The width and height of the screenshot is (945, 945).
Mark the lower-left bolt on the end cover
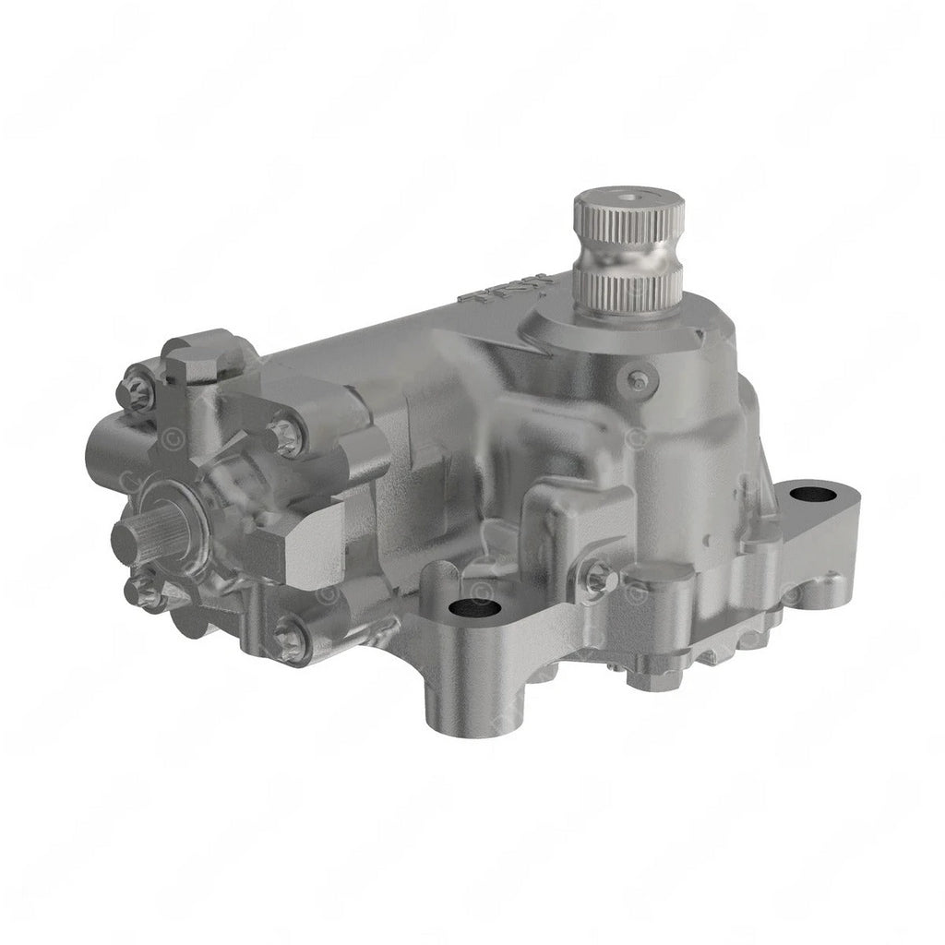point(143,591)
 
